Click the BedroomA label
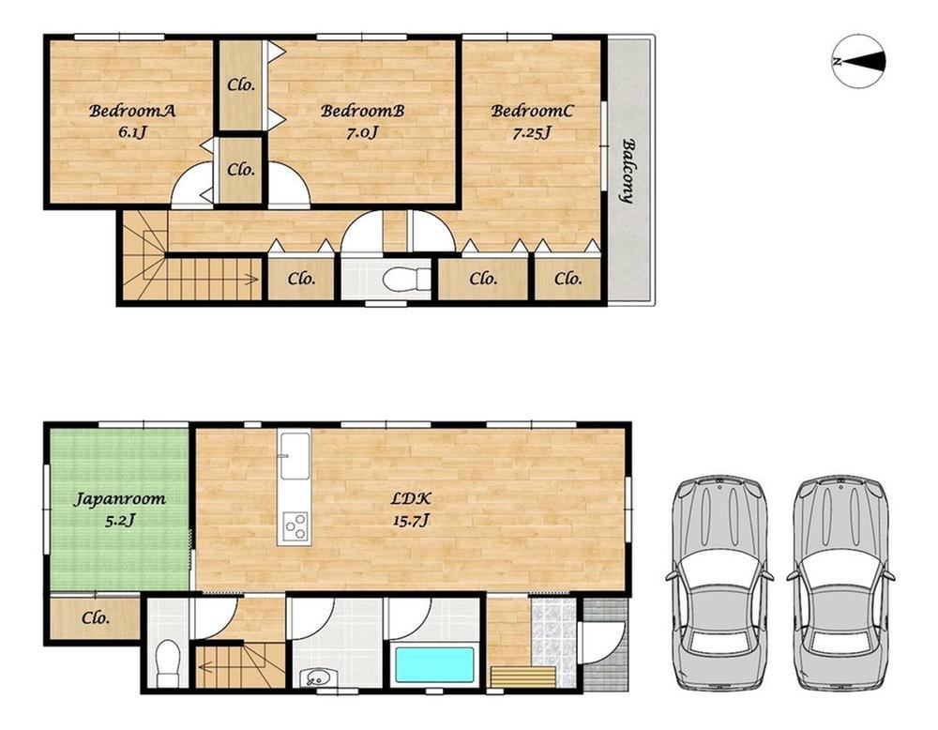click(131, 111)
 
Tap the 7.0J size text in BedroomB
click(362, 131)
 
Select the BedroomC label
click(532, 111)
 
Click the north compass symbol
click(859, 62)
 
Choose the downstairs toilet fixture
click(168, 663)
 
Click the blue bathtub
click(435, 664)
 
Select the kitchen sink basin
click(295, 456)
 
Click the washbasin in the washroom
click(314, 678)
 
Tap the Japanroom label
click(119, 499)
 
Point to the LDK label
click(411, 498)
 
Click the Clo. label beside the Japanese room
click(96, 617)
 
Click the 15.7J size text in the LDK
click(411, 520)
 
